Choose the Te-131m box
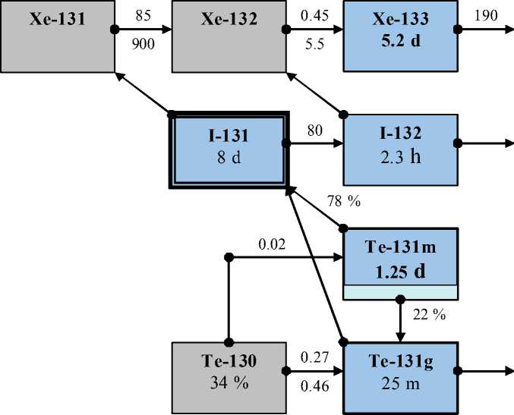(x=400, y=256)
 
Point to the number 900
(x=143, y=45)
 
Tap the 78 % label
(x=344, y=201)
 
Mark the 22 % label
(x=429, y=314)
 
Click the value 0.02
(x=272, y=244)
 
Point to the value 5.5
(x=313, y=45)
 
